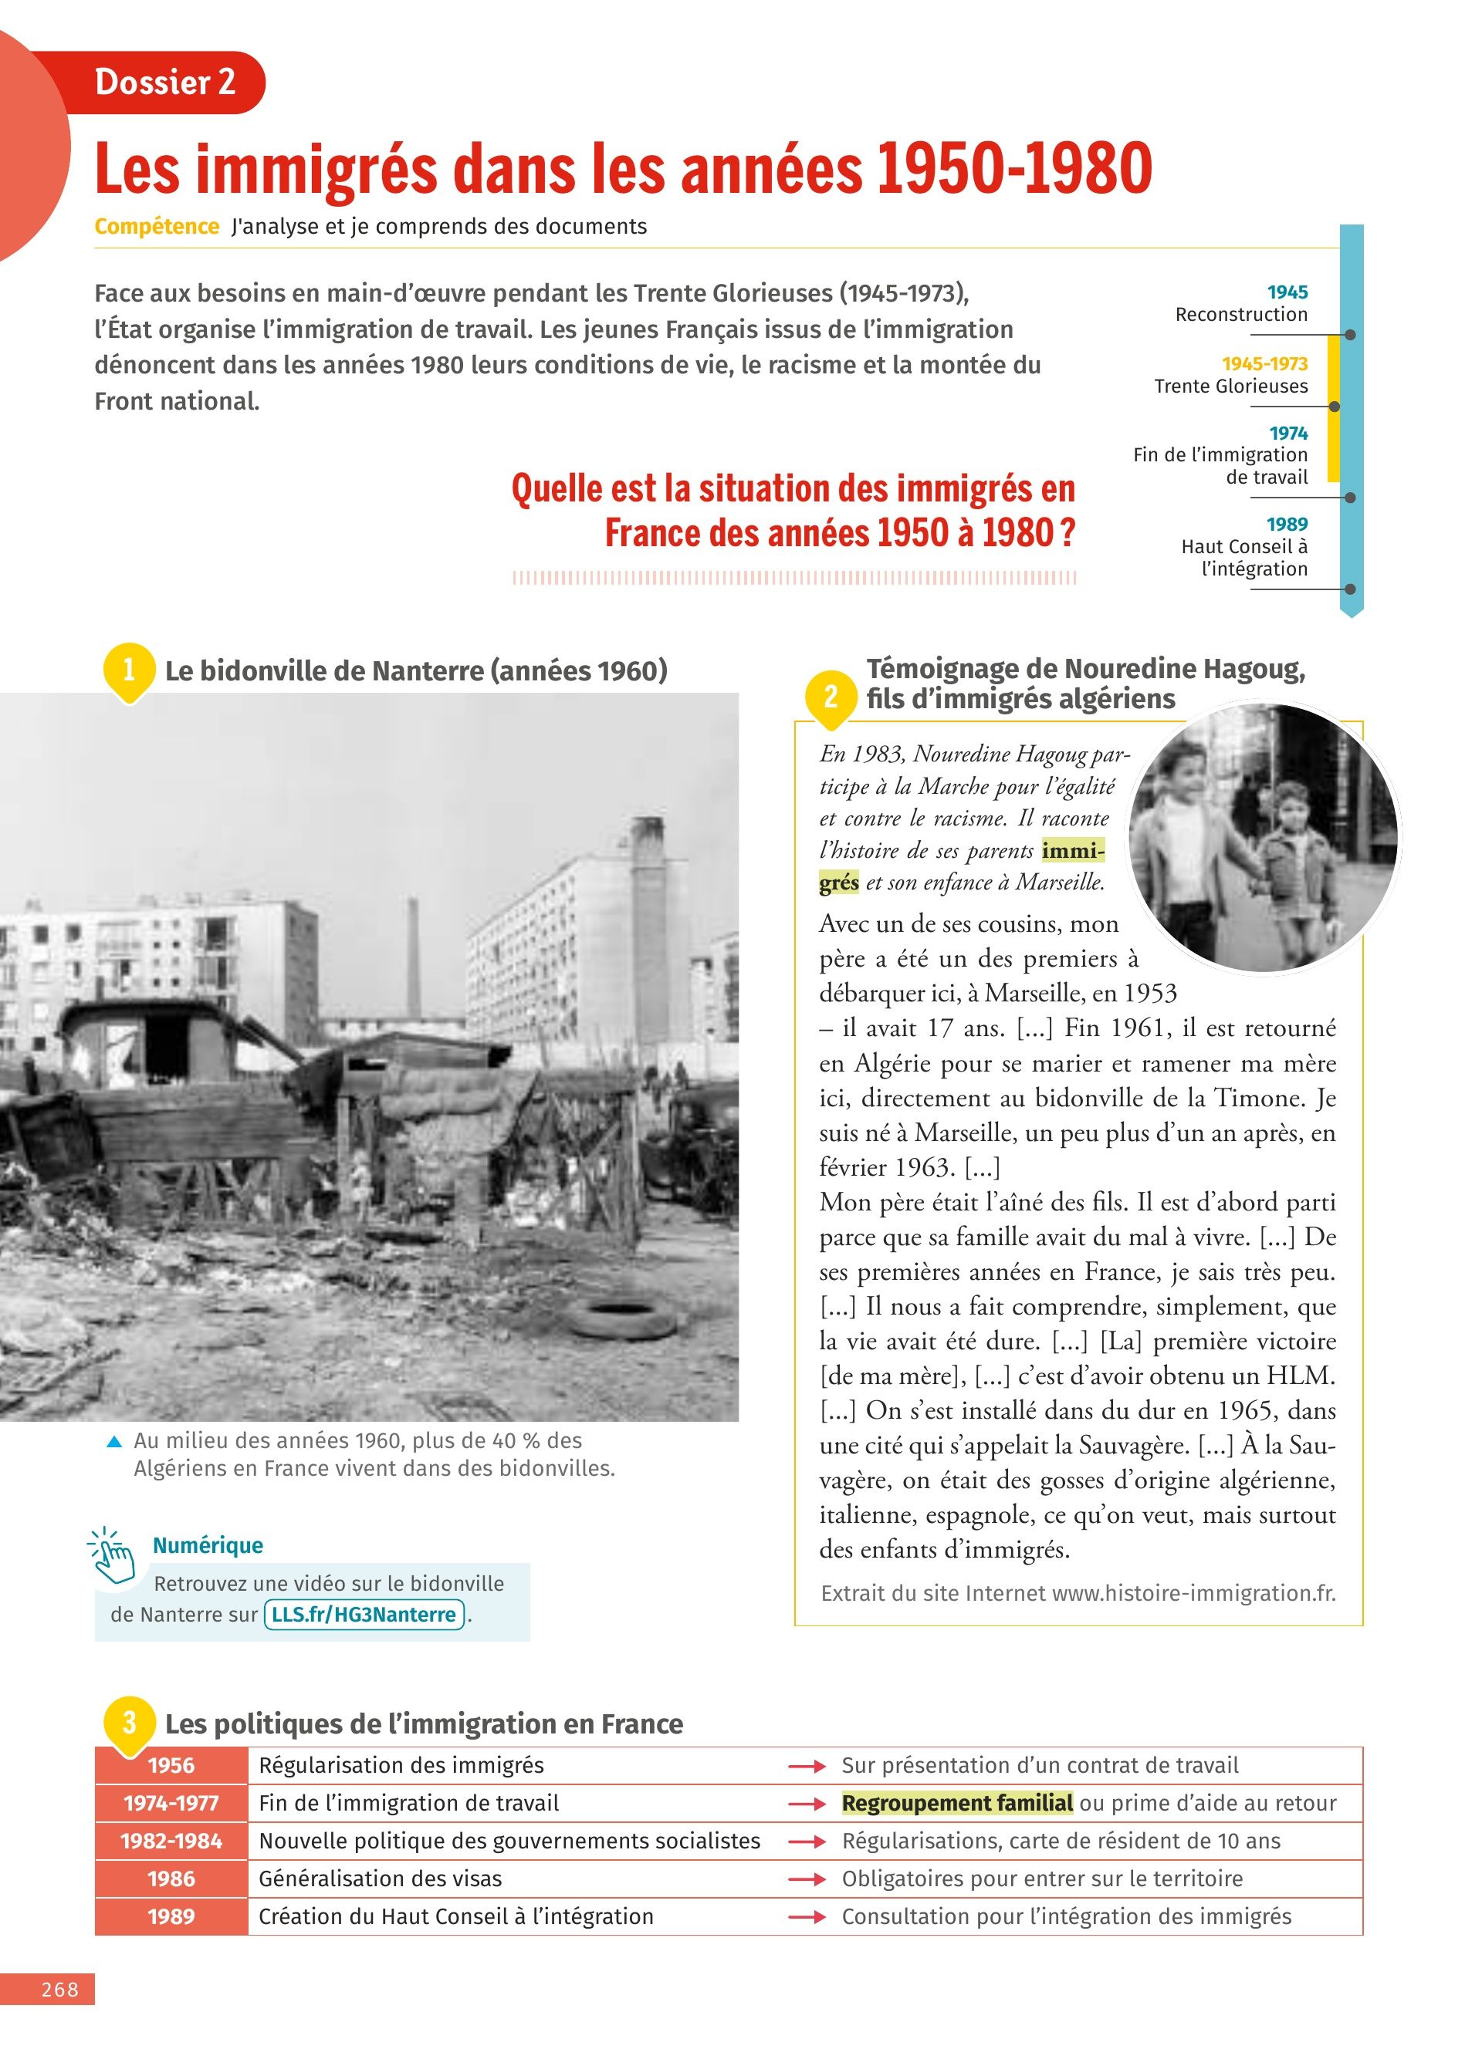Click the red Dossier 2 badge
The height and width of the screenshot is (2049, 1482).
coord(165,83)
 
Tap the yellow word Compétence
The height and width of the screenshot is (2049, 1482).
coord(157,227)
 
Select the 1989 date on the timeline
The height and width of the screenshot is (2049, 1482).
coord(1287,524)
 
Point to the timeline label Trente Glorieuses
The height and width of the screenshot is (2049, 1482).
coord(1231,386)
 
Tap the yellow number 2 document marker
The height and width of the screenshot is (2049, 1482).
coord(831,697)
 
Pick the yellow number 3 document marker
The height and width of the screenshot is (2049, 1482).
coord(129,1722)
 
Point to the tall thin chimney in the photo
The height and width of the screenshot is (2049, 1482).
coord(414,957)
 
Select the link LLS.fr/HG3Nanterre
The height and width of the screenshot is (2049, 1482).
coord(364,1615)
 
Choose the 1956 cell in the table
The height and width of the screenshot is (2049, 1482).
coord(171,1765)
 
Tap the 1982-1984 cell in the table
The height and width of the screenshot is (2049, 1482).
coord(171,1841)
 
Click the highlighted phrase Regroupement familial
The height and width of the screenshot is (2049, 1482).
coord(957,1803)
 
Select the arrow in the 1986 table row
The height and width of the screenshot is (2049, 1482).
coord(807,1879)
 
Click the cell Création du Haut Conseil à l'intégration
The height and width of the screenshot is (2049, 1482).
coord(455,1917)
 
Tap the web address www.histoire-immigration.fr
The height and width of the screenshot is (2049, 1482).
coord(1193,1593)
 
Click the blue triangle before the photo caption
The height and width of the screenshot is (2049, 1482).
coord(114,1442)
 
